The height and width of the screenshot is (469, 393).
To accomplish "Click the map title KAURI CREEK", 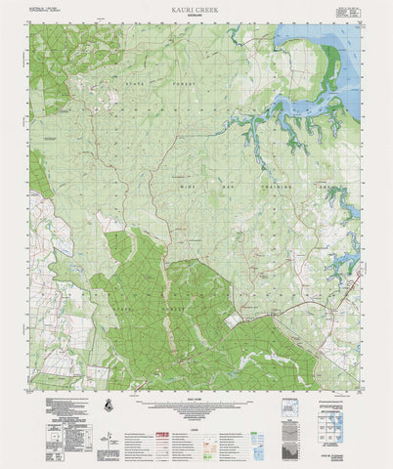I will pyautogui.click(x=196, y=7).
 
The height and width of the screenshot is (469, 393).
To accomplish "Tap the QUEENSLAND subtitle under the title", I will pyautogui.click(x=196, y=15).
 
